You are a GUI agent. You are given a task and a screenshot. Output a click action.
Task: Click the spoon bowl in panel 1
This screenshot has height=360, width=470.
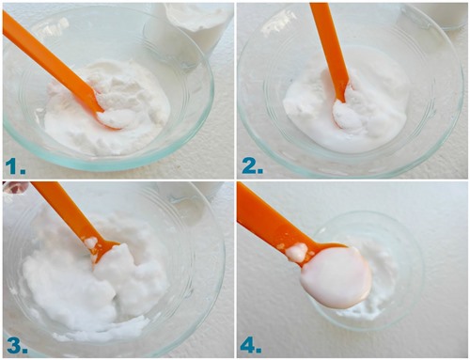point(112,118)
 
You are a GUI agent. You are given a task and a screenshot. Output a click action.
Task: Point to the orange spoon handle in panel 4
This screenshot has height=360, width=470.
point(270,219)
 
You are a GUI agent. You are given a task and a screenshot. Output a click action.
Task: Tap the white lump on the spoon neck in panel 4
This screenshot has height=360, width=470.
point(297,252)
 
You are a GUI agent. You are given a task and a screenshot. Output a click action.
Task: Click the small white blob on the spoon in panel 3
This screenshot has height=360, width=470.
point(91,243)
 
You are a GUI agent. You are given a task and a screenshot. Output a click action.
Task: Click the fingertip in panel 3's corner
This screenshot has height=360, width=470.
point(14,187)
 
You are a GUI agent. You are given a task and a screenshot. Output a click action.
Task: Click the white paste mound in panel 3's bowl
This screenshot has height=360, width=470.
point(94,289)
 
